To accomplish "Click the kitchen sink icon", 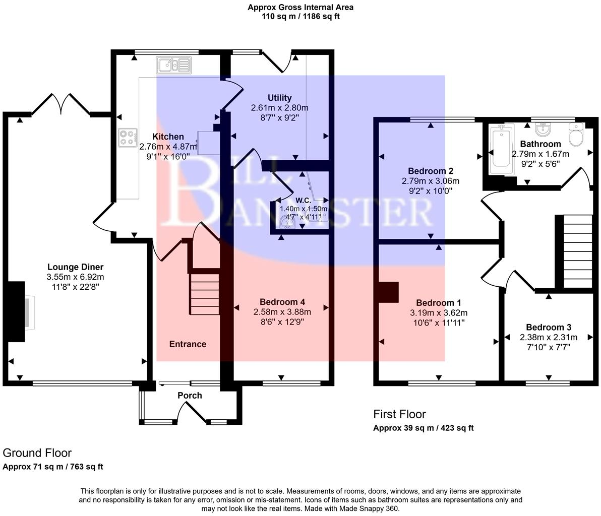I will [x=174, y=64].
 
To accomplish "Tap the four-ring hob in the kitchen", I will [x=129, y=138].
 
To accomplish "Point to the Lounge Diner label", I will [x=75, y=267].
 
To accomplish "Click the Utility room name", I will [x=279, y=98].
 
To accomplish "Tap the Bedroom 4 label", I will [x=280, y=302].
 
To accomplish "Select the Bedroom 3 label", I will [x=549, y=327].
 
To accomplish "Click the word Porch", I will [x=190, y=396].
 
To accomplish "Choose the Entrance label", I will [x=188, y=344].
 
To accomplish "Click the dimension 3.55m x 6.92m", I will [x=75, y=277].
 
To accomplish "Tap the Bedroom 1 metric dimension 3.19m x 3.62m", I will [x=438, y=313].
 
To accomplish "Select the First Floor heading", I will [x=399, y=414].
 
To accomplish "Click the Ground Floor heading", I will [x=37, y=453].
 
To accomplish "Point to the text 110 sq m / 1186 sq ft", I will [x=300, y=16].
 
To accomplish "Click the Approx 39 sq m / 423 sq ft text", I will [x=423, y=428].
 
